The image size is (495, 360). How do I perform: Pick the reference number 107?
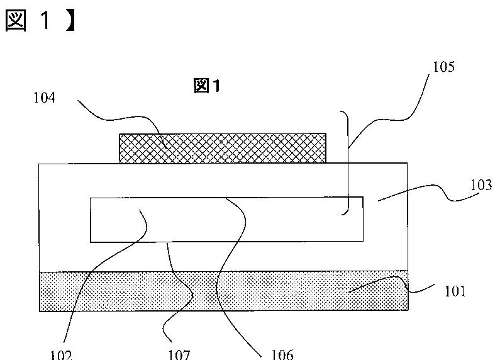tap(179, 354)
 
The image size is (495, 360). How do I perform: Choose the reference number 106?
tap(281, 354)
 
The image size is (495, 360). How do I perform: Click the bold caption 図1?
tap(207, 87)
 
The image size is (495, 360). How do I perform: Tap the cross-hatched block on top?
tap(223, 149)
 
